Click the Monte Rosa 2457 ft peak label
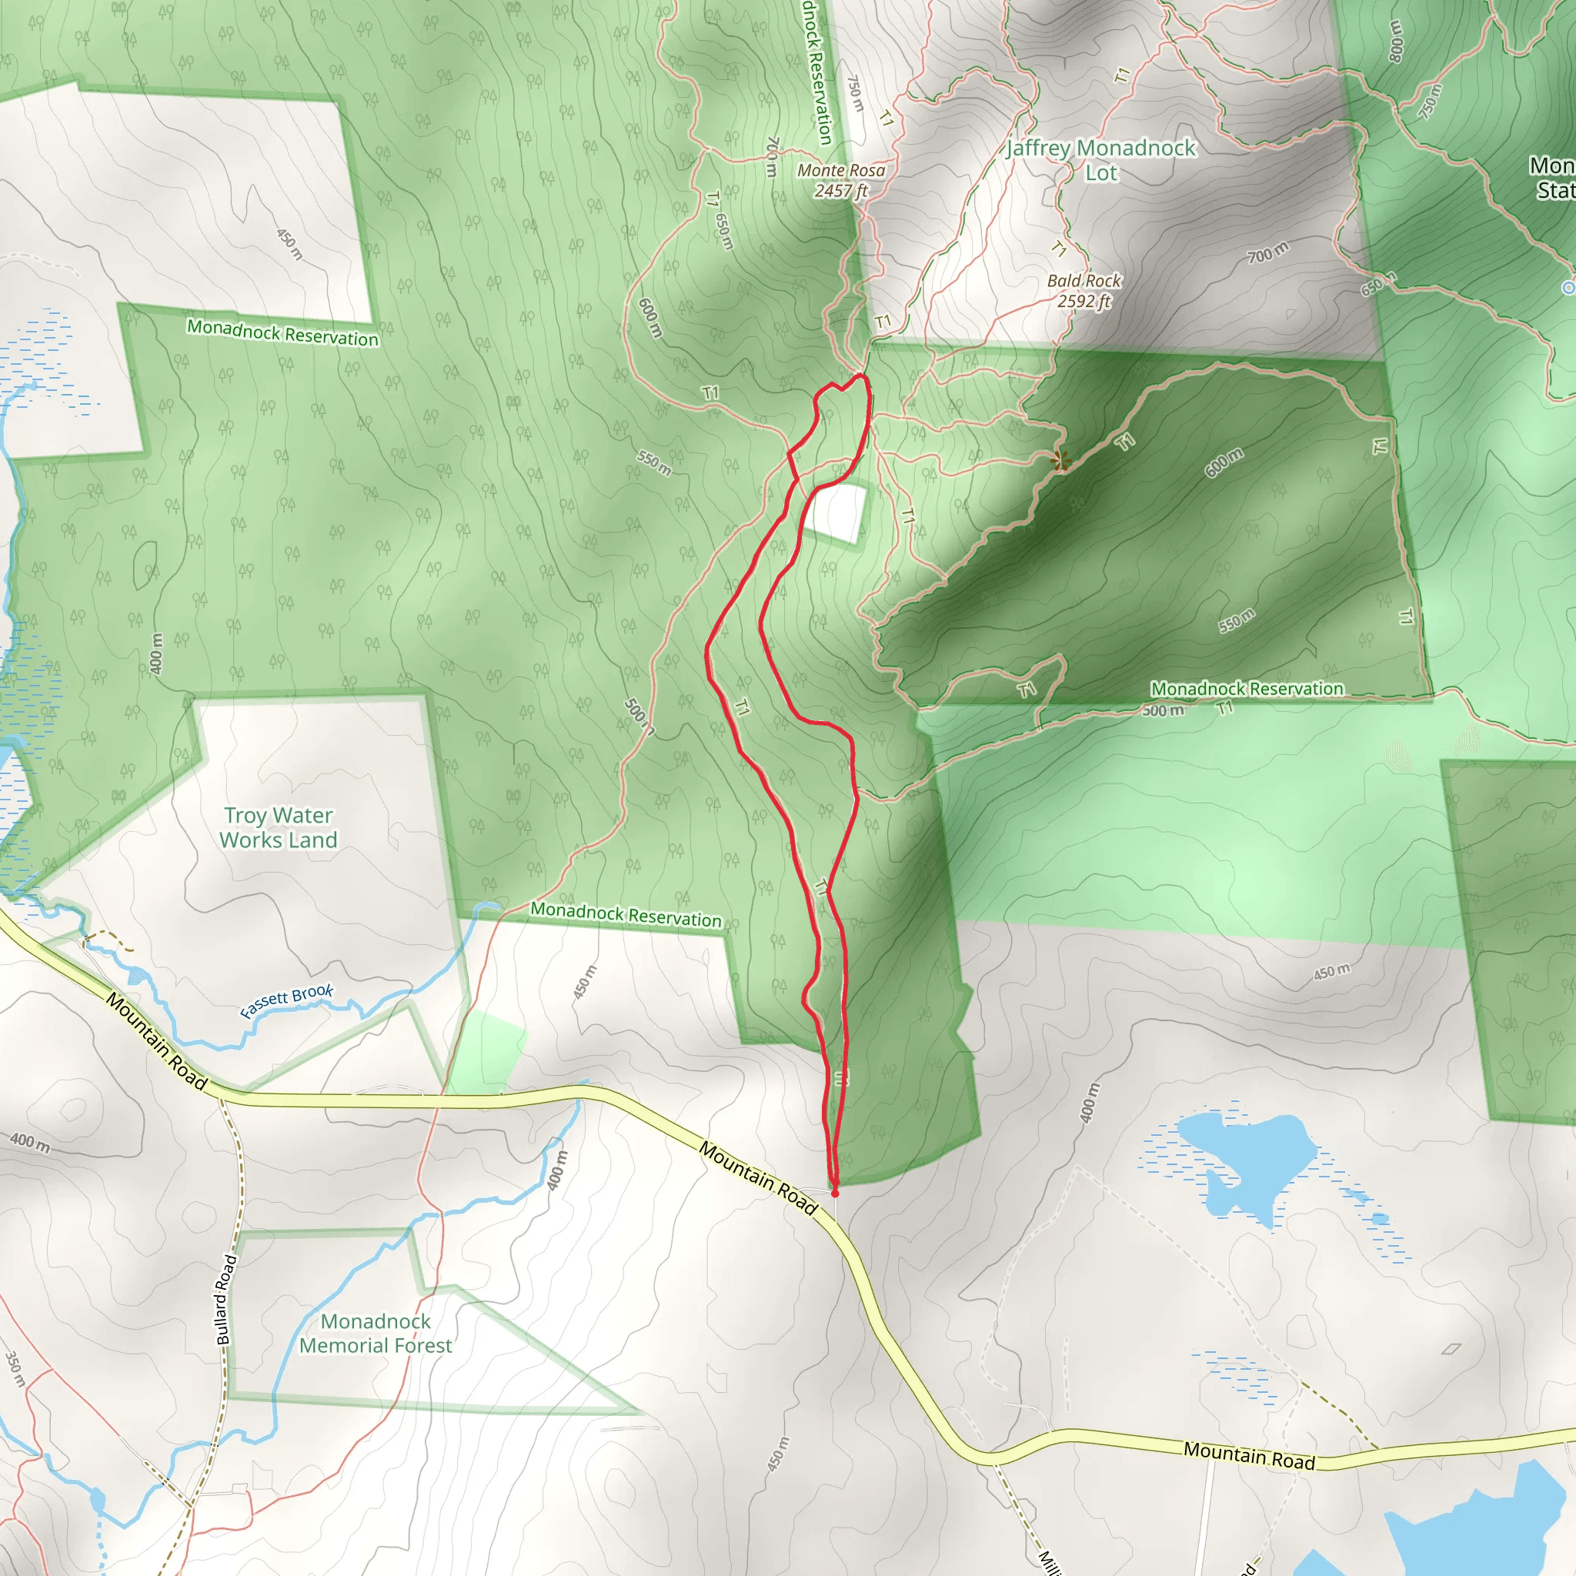point(841,180)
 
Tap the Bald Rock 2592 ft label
point(1084,290)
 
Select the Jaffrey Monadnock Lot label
point(1100,160)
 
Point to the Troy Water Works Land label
point(278,827)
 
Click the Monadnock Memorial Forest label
point(376,1333)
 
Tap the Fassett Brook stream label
point(286,1001)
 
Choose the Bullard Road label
point(226,1299)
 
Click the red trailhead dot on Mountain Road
point(834,1194)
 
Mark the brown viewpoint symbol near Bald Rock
point(1060,461)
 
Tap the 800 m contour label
point(1396,41)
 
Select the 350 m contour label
point(15,1368)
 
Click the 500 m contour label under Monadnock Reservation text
point(1163,710)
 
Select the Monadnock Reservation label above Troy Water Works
point(283,332)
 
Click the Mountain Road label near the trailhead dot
point(758,1178)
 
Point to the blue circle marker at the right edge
point(1568,287)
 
